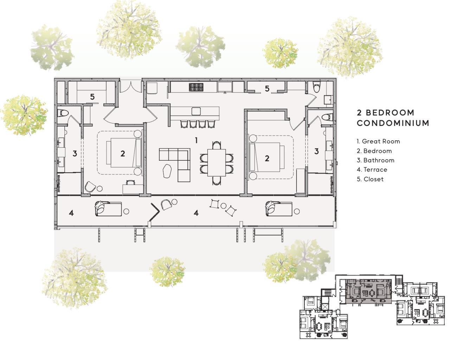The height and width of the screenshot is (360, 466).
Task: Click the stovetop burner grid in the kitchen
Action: pyautogui.click(x=196, y=87)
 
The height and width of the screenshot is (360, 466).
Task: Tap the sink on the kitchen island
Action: pyautogui.click(x=196, y=111)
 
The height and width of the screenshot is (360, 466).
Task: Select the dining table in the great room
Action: pyautogui.click(x=216, y=162)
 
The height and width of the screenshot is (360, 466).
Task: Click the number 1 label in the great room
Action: pyautogui.click(x=196, y=141)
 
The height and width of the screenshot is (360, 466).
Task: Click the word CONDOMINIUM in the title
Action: pyautogui.click(x=393, y=123)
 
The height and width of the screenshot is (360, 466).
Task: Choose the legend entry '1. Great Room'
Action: pyautogui.click(x=378, y=141)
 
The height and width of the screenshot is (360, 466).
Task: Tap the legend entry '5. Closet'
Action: pyautogui.click(x=370, y=179)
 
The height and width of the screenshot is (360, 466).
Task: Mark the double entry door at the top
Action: pyautogui.click(x=131, y=86)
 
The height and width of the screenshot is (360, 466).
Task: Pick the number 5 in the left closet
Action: pyautogui.click(x=92, y=97)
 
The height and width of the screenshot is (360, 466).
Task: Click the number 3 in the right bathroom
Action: pyautogui.click(x=316, y=152)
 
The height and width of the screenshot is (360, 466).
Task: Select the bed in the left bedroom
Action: pyautogui.click(x=124, y=153)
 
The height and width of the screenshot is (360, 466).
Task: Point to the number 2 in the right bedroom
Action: pyautogui.click(x=267, y=158)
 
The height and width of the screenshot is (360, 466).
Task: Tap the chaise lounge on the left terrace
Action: pyautogui.click(x=108, y=208)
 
